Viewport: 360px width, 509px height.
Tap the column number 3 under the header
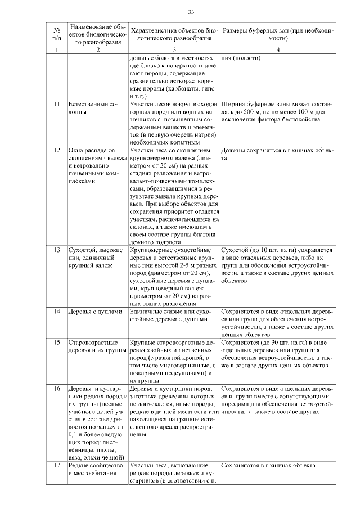pyautogui.click(x=174, y=51)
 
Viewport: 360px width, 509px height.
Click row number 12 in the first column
pyautogui.click(x=57, y=151)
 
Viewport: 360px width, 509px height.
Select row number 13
pyautogui.click(x=57, y=249)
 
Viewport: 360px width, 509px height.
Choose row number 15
pyautogui.click(x=57, y=342)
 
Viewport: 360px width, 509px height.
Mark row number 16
pyautogui.click(x=57, y=389)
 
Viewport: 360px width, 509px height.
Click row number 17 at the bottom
pyautogui.click(x=57, y=466)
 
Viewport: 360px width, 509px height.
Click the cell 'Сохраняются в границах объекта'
pyautogui.click(x=268, y=466)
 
